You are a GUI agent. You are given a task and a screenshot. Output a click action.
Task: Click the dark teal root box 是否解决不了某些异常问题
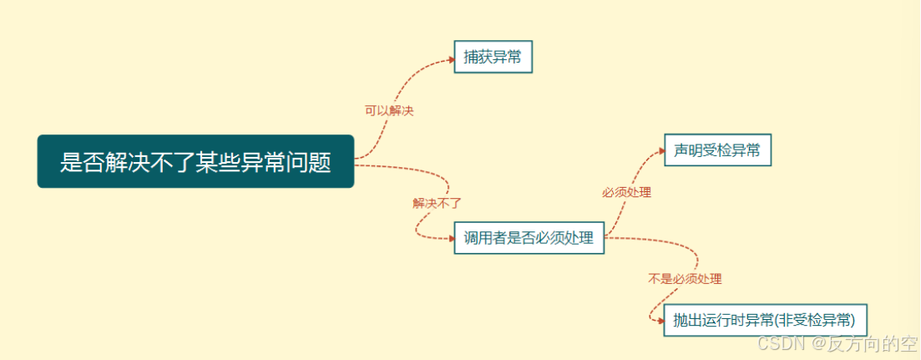pos(195,161)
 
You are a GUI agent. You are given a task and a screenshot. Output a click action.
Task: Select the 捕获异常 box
pos(493,57)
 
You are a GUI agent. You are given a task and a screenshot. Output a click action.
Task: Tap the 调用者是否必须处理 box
pos(529,238)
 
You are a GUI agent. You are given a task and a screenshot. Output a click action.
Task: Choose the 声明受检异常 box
pos(716,150)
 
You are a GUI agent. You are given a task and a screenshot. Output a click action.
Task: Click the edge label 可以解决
pos(389,110)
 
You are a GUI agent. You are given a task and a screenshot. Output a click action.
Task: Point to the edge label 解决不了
pos(437,203)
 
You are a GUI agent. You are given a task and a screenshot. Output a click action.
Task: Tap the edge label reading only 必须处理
pos(626,192)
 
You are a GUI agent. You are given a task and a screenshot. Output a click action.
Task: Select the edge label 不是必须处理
pos(685,279)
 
